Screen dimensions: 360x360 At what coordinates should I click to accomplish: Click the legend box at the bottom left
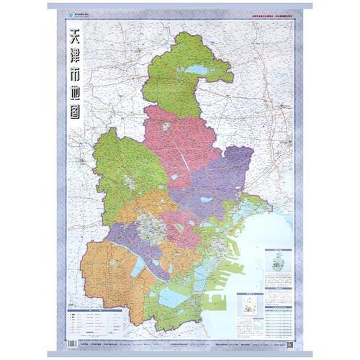pyautogui.click(x=86, y=320)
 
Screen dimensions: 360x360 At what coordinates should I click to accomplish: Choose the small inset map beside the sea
pyautogui.click(x=249, y=305)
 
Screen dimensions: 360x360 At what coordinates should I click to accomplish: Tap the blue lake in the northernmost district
pyautogui.click(x=196, y=70)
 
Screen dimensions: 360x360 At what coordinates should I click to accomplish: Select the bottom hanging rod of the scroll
pyautogui.click(x=180, y=354)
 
